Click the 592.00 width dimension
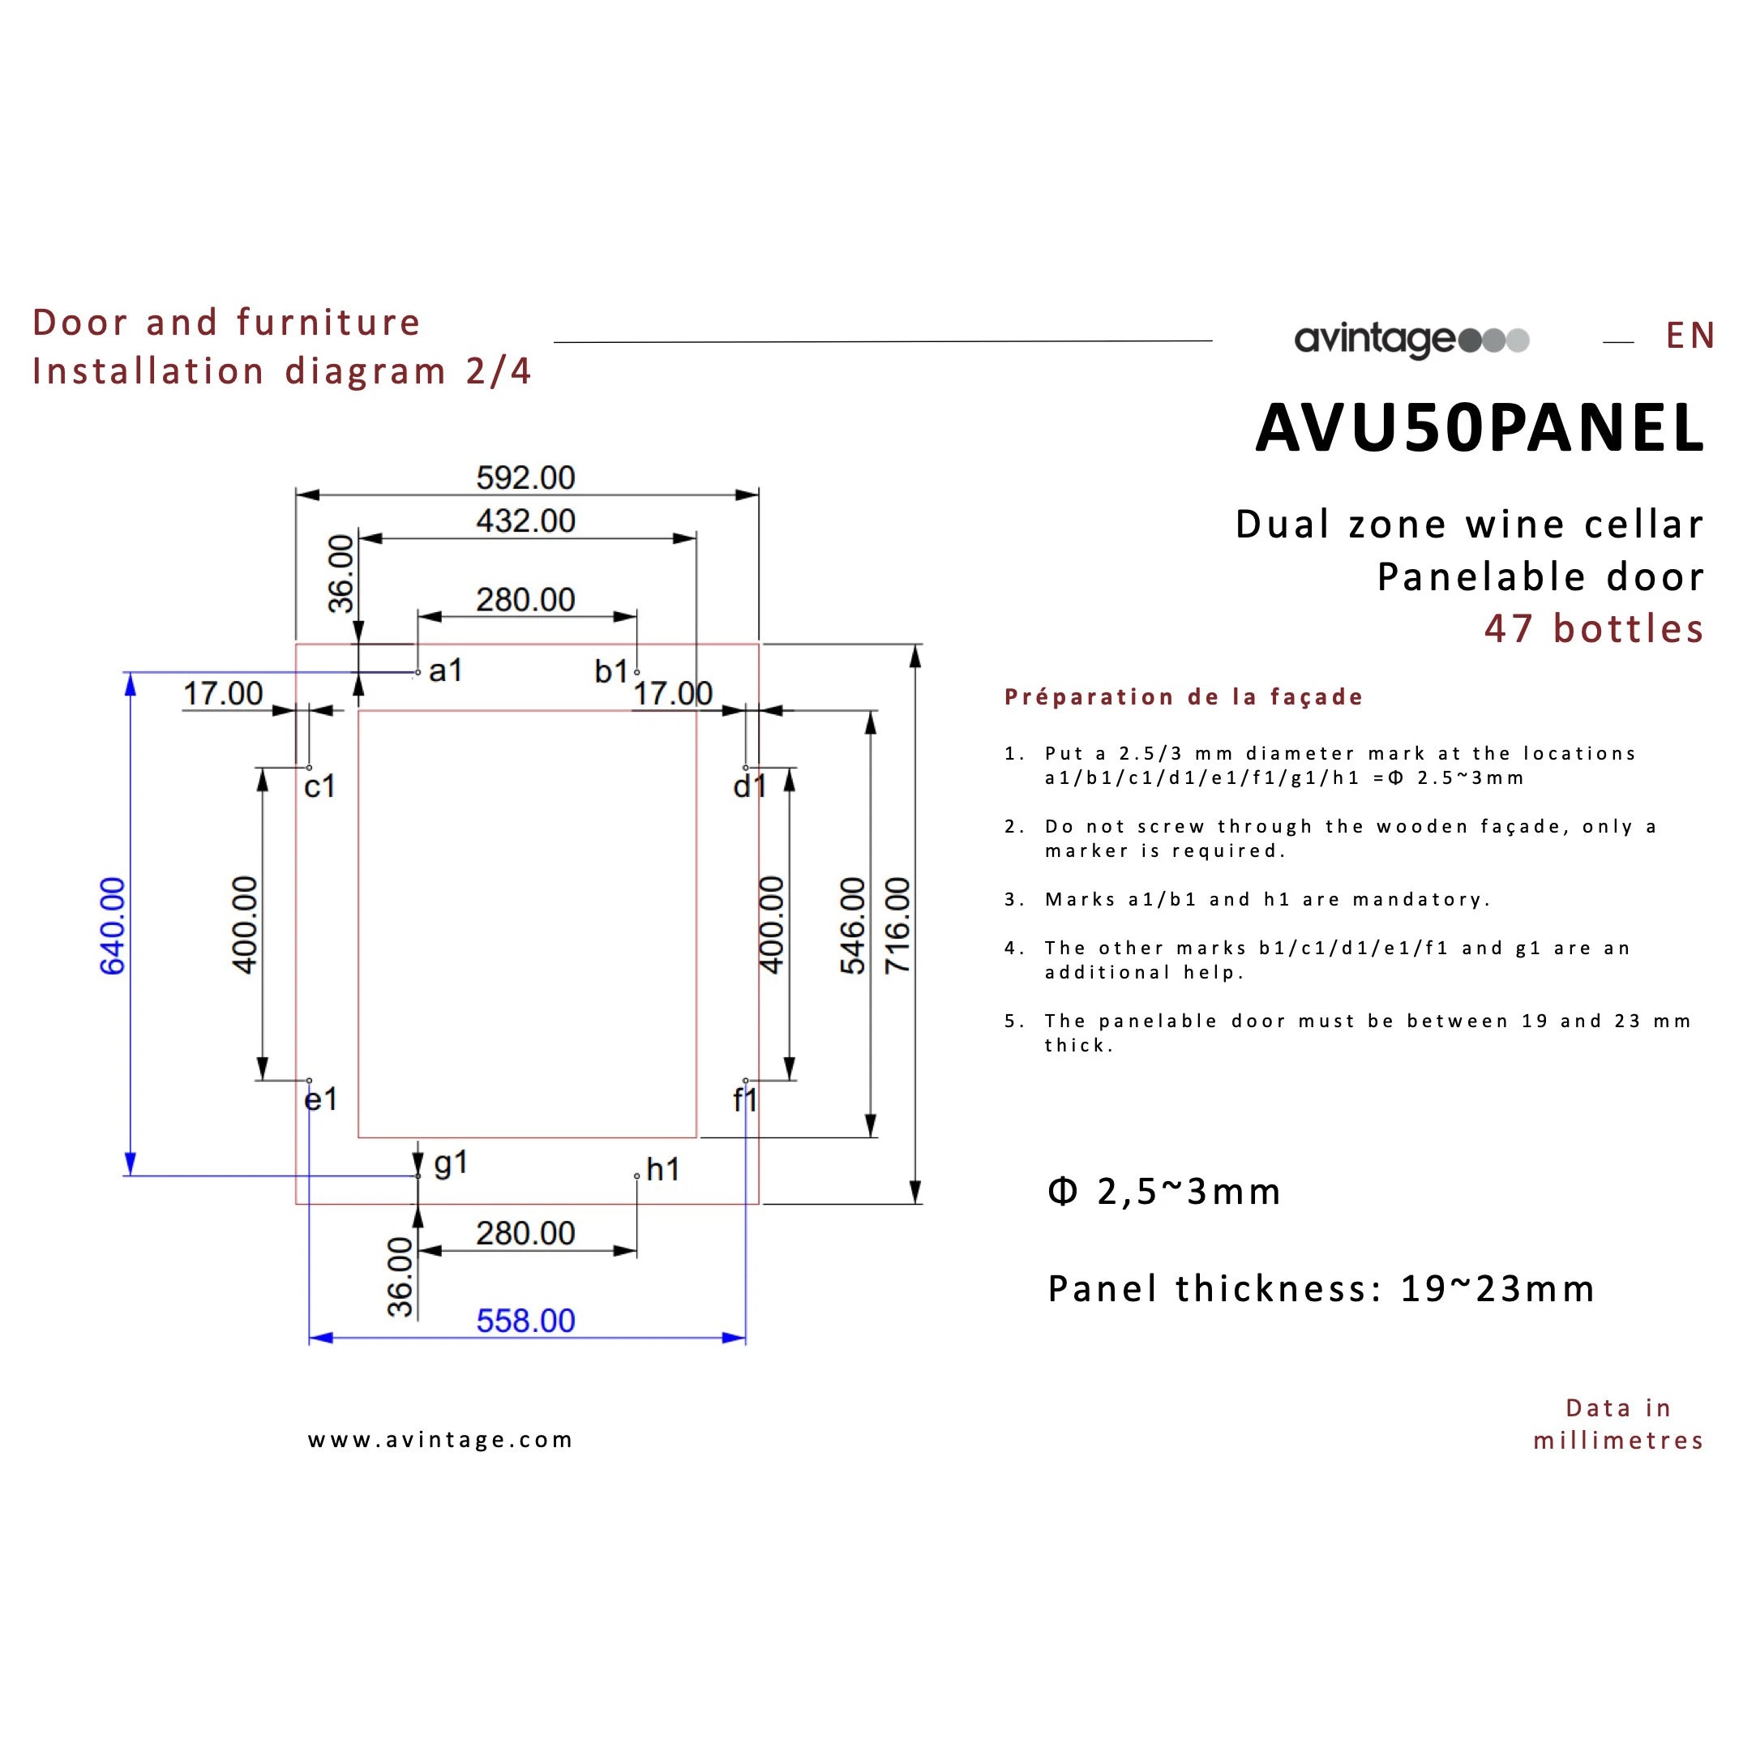[x=525, y=478]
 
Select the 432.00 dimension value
[x=525, y=520]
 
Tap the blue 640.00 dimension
[x=113, y=925]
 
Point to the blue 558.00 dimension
[x=525, y=1321]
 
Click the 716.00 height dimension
[x=897, y=925]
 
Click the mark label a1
[x=445, y=670]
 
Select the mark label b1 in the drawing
[x=610, y=672]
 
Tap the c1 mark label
[x=320, y=786]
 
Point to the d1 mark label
[x=750, y=786]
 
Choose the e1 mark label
[x=320, y=1100]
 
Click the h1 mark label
[x=662, y=1170]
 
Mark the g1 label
[x=451, y=1163]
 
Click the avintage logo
[x=1411, y=340]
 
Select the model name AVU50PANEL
[x=1479, y=428]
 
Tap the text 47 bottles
[x=1593, y=629]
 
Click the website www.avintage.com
[x=440, y=1440]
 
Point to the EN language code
[x=1690, y=336]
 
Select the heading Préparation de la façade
[x=1184, y=697]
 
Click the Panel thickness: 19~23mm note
[x=1321, y=1289]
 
